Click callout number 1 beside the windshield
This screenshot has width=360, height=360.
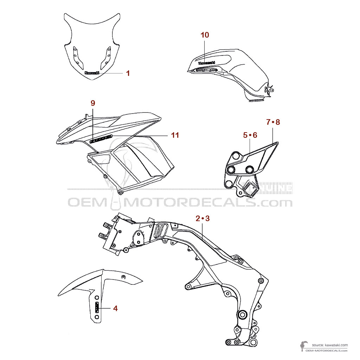(x=128, y=73)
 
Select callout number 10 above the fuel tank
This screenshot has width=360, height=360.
(x=205, y=35)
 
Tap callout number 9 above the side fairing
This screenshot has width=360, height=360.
(x=93, y=103)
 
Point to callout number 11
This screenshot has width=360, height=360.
(x=175, y=135)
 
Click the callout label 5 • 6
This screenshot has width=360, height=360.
(x=250, y=135)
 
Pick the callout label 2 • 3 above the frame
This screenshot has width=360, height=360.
(x=202, y=218)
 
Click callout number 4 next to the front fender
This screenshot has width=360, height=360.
(x=115, y=308)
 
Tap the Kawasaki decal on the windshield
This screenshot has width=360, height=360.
(x=92, y=73)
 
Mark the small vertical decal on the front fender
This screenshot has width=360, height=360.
(x=97, y=308)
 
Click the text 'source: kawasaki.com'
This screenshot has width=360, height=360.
(x=329, y=345)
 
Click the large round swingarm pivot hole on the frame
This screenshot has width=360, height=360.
(x=242, y=314)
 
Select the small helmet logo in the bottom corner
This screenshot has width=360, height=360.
(x=303, y=346)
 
